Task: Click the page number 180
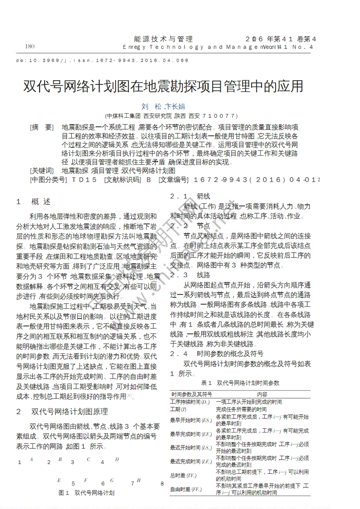click(x=30, y=46)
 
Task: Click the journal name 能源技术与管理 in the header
click(x=163, y=39)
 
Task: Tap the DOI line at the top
click(x=102, y=60)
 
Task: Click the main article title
click(x=163, y=86)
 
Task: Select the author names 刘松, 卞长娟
click(x=163, y=106)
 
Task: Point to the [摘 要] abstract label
click(x=42, y=127)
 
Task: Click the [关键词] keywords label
click(x=42, y=171)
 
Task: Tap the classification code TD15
click(x=85, y=180)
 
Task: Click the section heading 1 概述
click(x=33, y=201)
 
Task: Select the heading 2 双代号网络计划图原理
click(x=62, y=412)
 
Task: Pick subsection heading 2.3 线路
click(x=190, y=275)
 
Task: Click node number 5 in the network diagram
click(x=73, y=484)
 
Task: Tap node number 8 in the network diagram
click(x=162, y=484)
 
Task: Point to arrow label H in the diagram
click(x=139, y=480)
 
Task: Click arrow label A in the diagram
click(x=31, y=459)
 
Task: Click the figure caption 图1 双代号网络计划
click(x=86, y=493)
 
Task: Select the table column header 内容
click(x=262, y=394)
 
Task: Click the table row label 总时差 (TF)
click(x=183, y=475)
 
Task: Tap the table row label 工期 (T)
click(x=178, y=409)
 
